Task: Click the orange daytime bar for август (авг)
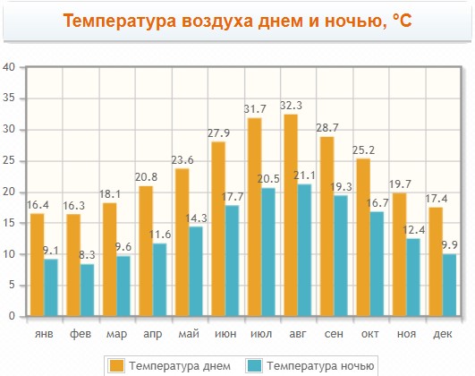pos(291,215)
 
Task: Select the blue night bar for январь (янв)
pos(51,287)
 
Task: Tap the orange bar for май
pos(182,243)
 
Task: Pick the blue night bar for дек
pos(449,285)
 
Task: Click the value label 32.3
pos(291,106)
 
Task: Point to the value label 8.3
pos(87,255)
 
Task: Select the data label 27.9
pos(218,133)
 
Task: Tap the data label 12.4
pos(414,230)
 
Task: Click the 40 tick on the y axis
pos(9,67)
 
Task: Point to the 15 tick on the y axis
pos(9,223)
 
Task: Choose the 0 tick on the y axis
pos(12,316)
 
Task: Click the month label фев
pos(81,334)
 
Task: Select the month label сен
pos(334,334)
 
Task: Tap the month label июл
pos(261,334)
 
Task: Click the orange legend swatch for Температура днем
pos(116,365)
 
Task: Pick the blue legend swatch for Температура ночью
pos(254,365)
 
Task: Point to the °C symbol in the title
pos(402,21)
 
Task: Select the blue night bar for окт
pos(377,264)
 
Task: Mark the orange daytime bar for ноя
pos(399,254)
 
